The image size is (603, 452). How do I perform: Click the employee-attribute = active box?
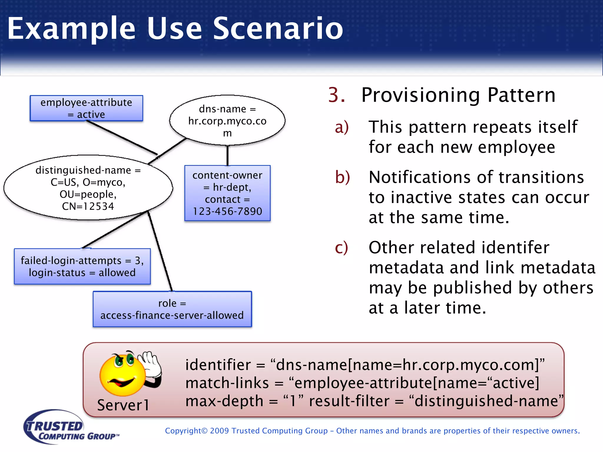(86, 108)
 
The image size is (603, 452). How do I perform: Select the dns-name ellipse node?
(227, 120)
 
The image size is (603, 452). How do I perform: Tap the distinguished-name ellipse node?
(88, 188)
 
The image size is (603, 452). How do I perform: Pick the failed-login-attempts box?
(82, 266)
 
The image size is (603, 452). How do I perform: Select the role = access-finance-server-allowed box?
(172, 309)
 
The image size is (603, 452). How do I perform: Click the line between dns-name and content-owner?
(227, 155)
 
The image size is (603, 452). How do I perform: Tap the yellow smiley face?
(122, 375)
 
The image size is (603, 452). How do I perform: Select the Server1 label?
(123, 405)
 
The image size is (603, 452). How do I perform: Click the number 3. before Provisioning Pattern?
(336, 95)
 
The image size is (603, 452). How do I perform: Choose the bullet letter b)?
(342, 177)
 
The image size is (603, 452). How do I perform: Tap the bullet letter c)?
(341, 248)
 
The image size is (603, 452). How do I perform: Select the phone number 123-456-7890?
(227, 211)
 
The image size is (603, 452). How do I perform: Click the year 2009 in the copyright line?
(219, 431)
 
